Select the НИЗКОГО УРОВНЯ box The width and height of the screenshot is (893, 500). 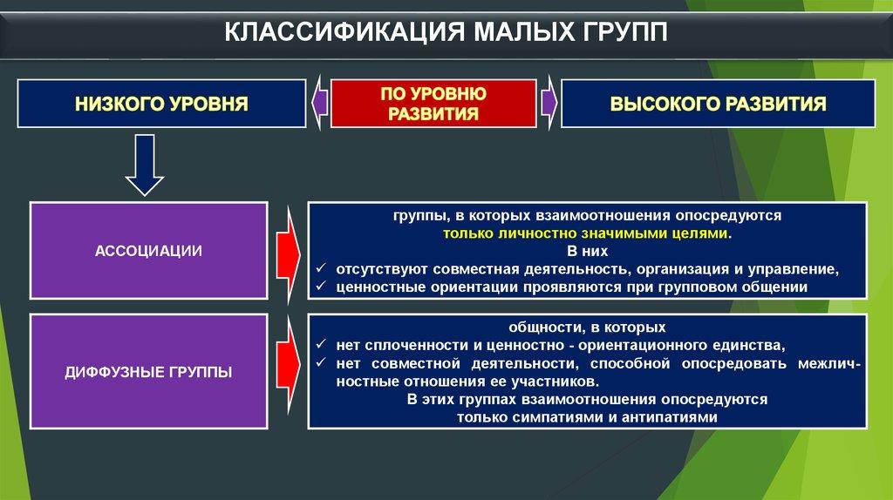(x=162, y=104)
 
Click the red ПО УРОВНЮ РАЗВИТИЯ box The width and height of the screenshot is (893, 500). (x=433, y=104)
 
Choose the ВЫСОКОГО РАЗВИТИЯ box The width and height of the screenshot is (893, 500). (x=717, y=104)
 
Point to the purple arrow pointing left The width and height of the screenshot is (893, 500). (x=319, y=104)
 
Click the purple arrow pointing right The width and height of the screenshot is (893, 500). (x=549, y=104)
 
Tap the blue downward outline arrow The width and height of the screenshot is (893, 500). (x=145, y=165)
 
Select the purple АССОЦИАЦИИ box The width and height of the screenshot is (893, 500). (x=148, y=251)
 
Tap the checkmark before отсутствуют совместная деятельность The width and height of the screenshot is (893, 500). (x=320, y=268)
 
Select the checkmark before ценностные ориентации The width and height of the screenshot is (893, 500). (x=320, y=286)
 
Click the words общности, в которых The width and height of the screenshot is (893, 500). (x=587, y=328)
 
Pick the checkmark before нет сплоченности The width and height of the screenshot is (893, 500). (x=320, y=344)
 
